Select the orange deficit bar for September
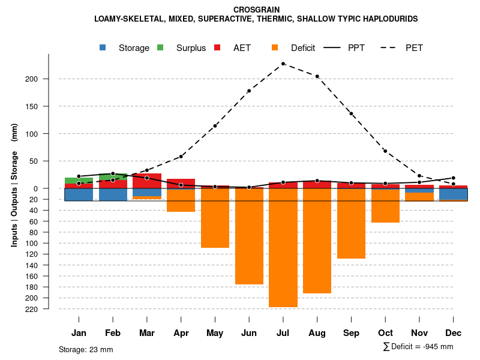tap(352, 223)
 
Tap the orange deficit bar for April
tap(181, 200)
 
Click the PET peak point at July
tap(283, 64)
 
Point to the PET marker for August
tap(317, 76)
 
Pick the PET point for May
tap(215, 126)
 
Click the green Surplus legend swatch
tap(160, 47)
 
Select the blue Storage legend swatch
tap(103, 47)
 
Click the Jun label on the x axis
tap(249, 333)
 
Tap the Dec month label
tap(454, 333)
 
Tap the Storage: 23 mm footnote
tap(86, 349)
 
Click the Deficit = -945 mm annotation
tap(418, 347)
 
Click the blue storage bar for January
tap(79, 194)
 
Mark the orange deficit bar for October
tap(386, 205)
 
